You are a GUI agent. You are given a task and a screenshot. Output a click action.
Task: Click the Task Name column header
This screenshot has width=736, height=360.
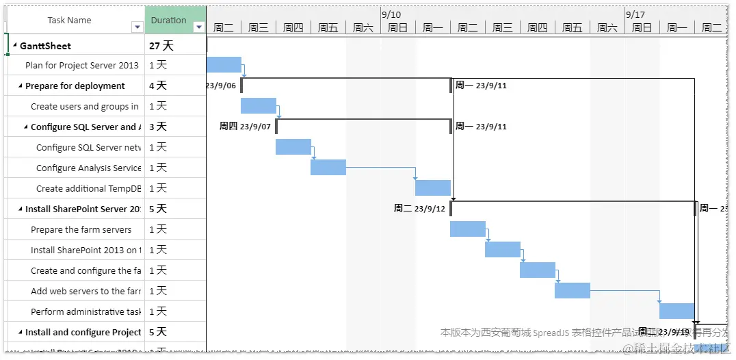(69, 20)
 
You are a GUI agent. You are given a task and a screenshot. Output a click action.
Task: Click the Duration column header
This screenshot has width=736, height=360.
(168, 20)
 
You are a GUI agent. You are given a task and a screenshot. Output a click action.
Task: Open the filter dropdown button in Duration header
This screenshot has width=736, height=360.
(199, 27)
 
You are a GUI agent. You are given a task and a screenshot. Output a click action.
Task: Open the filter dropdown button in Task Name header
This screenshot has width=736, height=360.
(137, 27)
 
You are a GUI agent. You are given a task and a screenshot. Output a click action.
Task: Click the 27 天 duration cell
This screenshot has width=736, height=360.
(161, 46)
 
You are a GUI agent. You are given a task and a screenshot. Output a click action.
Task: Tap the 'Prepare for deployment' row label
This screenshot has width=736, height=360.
(75, 86)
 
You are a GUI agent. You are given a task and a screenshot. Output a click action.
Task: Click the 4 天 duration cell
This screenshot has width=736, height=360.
(158, 86)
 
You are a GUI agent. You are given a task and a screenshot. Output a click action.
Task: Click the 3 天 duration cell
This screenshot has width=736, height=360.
(158, 127)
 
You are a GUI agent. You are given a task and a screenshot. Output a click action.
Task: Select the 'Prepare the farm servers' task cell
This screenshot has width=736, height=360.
(81, 229)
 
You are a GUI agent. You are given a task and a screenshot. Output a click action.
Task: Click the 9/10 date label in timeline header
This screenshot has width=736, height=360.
(392, 14)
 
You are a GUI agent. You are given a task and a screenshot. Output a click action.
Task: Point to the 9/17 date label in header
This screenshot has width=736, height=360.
(635, 14)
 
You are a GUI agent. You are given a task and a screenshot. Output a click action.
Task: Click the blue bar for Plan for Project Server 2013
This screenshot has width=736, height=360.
(224, 64)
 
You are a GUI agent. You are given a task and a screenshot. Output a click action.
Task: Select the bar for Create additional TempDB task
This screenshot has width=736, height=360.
(433, 188)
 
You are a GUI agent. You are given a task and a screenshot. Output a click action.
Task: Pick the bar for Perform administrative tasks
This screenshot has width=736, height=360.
(677, 311)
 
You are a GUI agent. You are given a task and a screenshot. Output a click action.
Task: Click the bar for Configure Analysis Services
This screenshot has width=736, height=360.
(328, 167)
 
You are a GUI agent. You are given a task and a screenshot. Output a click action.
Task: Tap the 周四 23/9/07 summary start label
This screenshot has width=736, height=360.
(245, 127)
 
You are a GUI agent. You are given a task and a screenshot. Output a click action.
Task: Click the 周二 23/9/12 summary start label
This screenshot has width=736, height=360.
(419, 209)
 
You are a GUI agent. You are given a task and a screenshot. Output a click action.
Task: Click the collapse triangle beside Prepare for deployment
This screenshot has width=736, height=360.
(21, 86)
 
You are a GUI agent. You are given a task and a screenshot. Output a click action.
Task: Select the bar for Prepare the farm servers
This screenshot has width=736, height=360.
(468, 229)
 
